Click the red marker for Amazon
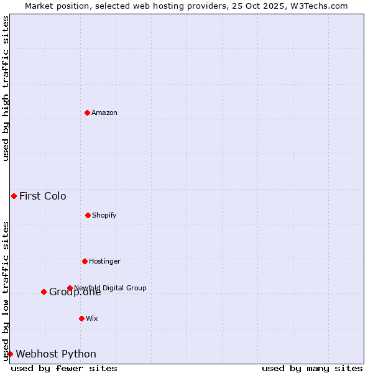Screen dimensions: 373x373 [87, 113]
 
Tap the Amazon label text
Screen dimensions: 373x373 [104, 113]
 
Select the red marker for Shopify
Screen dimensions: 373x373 [88, 215]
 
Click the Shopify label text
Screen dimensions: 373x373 [104, 215]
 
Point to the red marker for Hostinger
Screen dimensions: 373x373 [85, 261]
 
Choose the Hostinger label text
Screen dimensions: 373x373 [104, 261]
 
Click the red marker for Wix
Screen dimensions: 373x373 [81, 318]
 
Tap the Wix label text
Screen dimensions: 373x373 [92, 318]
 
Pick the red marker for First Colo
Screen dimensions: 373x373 [14, 196]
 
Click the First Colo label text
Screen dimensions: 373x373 [42, 196]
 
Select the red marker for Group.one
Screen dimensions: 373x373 [44, 292]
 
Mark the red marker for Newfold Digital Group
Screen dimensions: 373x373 [70, 288]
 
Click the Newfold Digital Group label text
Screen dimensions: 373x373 [111, 288]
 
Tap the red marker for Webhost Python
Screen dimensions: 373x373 [10, 354]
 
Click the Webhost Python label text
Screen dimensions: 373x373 [56, 354]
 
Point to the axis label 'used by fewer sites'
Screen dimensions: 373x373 [64, 368]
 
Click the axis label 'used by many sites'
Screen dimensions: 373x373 [312, 368]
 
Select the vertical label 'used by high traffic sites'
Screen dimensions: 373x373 [6, 88]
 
